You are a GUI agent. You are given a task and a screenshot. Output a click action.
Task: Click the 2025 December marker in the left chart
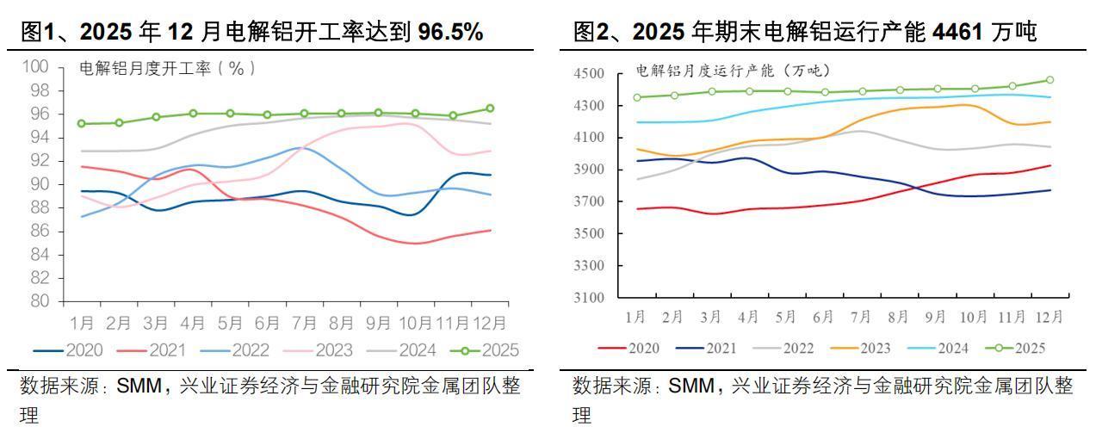click(x=490, y=108)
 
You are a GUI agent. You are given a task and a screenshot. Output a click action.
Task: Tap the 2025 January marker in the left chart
click(x=82, y=124)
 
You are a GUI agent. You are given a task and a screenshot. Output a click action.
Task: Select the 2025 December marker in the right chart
click(x=1049, y=80)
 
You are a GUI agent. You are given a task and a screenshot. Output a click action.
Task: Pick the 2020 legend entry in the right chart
click(x=633, y=348)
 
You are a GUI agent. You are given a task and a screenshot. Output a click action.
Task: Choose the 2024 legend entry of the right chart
click(x=928, y=348)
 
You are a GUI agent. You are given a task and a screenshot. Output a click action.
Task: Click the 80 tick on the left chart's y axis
click(x=40, y=301)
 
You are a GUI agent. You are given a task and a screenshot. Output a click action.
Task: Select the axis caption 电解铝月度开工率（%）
click(x=167, y=68)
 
